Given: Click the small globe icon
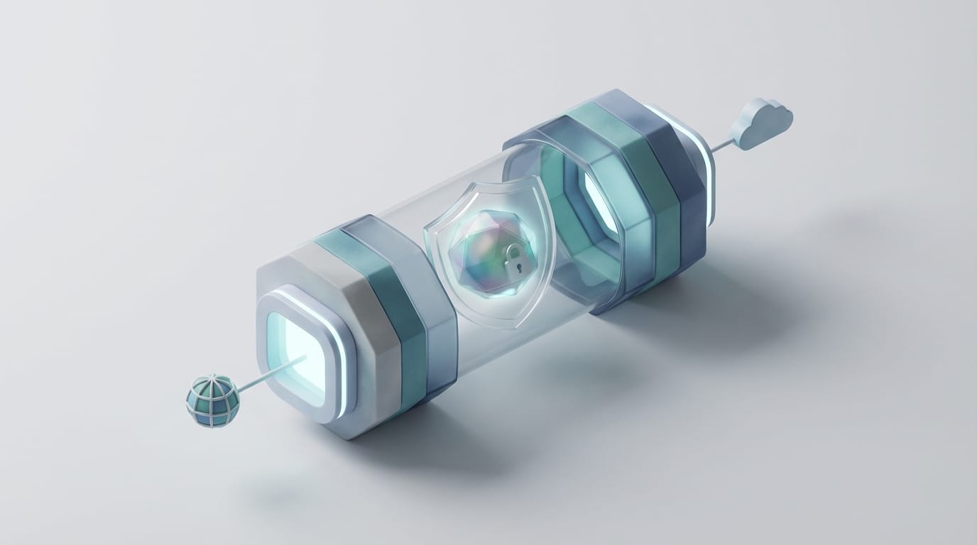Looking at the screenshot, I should (x=212, y=402).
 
